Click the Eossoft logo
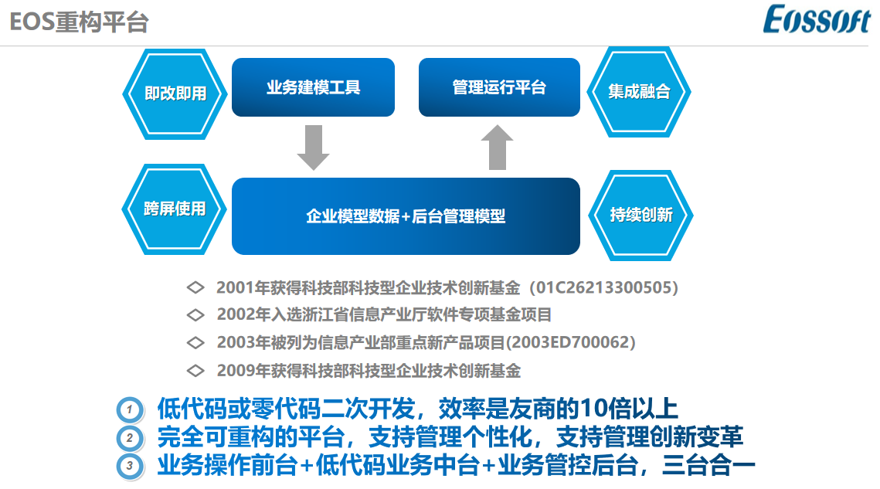(817, 19)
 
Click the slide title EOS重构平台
(79, 22)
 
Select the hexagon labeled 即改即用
(175, 93)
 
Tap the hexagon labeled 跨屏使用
(175, 209)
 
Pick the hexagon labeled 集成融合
(639, 91)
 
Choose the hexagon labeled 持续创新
(641, 215)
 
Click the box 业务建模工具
(313, 87)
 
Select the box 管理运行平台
(499, 87)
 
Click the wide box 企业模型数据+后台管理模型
(406, 216)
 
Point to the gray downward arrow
(313, 148)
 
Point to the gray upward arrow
(498, 147)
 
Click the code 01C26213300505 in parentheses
(603, 287)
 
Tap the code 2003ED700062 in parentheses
(571, 342)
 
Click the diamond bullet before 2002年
(195, 315)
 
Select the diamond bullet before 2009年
(195, 371)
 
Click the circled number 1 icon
(130, 410)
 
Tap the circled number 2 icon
(130, 438)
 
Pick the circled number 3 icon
(130, 466)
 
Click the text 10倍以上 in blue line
(629, 409)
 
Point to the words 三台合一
(708, 465)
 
